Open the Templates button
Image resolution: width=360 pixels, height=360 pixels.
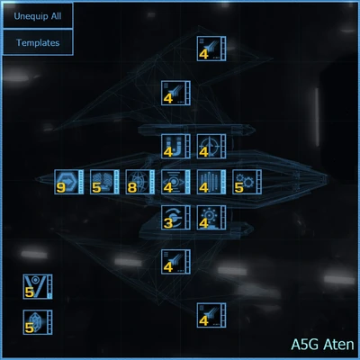click(x=38, y=42)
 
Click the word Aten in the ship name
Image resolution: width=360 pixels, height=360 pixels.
click(x=337, y=345)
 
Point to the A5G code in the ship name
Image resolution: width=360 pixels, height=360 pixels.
click(x=305, y=345)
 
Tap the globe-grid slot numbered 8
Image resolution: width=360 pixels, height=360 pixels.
click(x=139, y=183)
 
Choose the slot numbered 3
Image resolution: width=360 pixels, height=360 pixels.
click(x=175, y=218)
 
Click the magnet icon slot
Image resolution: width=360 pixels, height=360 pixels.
click(x=175, y=147)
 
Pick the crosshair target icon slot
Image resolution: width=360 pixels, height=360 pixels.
click(x=211, y=147)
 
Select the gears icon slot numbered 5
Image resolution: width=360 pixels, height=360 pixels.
click(x=246, y=183)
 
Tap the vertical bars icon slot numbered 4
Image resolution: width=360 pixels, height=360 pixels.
click(x=211, y=183)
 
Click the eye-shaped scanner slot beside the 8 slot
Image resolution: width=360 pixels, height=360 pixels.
click(x=175, y=183)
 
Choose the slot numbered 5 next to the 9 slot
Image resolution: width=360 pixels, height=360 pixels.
click(x=103, y=183)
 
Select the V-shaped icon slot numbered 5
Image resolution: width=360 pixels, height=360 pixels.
click(x=37, y=287)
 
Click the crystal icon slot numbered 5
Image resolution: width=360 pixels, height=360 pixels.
click(x=37, y=322)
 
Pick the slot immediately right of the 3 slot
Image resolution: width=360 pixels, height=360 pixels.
click(x=211, y=218)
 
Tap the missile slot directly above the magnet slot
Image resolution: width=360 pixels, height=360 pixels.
click(x=175, y=94)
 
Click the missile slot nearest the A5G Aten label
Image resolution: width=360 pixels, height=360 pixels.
click(x=211, y=316)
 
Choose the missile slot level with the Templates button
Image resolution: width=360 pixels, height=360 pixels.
click(x=211, y=49)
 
